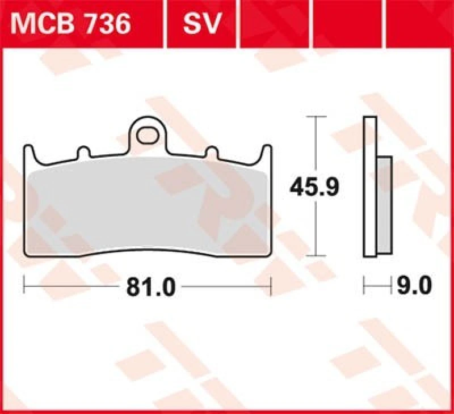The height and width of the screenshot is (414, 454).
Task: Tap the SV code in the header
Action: [201, 24]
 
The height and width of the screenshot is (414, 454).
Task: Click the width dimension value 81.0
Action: [148, 286]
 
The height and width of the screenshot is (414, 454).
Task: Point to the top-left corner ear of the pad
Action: [28, 150]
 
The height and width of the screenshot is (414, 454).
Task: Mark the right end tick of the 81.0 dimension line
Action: [271, 286]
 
